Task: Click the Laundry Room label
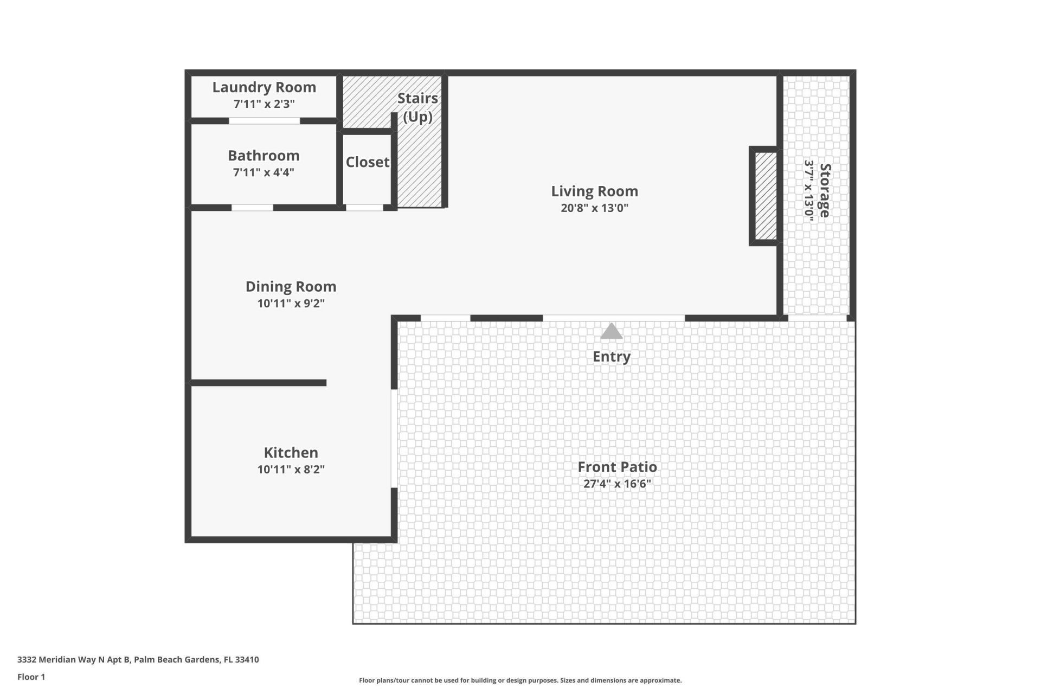click(264, 87)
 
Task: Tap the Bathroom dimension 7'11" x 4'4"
click(264, 172)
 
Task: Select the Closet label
click(368, 162)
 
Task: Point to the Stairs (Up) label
click(417, 107)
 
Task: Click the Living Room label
click(594, 191)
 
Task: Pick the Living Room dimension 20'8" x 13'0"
click(594, 208)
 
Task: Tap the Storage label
click(824, 190)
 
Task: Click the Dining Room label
click(291, 286)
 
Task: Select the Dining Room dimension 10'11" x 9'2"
click(291, 303)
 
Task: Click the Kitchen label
click(291, 452)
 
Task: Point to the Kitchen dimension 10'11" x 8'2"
click(291, 469)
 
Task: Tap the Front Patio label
click(617, 467)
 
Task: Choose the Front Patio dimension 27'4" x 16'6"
click(617, 484)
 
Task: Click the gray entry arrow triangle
click(611, 332)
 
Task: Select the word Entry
click(611, 357)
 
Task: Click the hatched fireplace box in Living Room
click(766, 196)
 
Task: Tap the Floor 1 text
click(31, 677)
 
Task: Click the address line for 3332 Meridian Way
click(138, 659)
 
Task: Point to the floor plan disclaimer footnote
click(520, 680)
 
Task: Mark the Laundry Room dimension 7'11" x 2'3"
click(264, 104)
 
